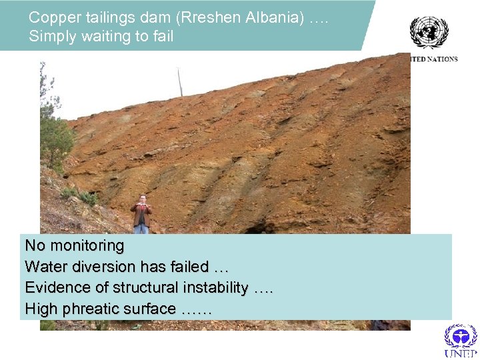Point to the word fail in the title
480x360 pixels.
(x=162, y=36)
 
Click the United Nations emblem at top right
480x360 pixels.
(x=429, y=31)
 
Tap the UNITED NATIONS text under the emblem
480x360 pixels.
(x=434, y=59)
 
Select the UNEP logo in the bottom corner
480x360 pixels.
(x=461, y=341)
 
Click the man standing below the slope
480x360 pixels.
(x=141, y=214)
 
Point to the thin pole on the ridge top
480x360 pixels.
(x=179, y=81)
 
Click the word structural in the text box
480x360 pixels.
(x=144, y=287)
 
